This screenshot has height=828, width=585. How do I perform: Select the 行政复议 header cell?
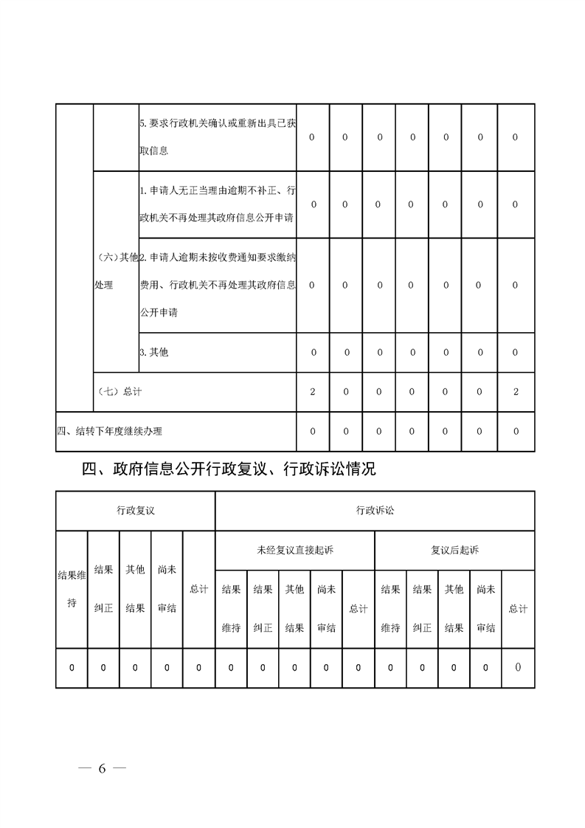coord(135,510)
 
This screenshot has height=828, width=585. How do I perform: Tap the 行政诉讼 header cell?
coord(375,510)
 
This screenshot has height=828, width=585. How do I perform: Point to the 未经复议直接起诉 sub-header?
coord(294,550)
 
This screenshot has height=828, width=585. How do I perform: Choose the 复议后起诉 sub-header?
coord(454,550)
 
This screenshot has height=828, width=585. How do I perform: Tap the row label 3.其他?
coord(154,352)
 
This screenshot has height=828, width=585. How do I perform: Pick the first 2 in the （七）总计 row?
coord(313,392)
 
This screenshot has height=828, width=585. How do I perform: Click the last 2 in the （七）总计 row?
coord(515,392)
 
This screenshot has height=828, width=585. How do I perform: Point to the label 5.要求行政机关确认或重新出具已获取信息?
coord(217,137)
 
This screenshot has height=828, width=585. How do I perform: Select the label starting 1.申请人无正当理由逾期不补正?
coord(217,204)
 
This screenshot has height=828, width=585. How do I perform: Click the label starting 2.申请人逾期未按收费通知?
coord(217,285)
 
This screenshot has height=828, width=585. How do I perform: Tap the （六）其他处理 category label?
coord(116,271)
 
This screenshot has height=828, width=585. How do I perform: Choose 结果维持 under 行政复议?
coord(72,589)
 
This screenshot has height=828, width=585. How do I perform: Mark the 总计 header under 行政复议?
coord(198,589)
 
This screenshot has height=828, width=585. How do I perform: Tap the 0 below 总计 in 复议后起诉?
coord(518,668)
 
